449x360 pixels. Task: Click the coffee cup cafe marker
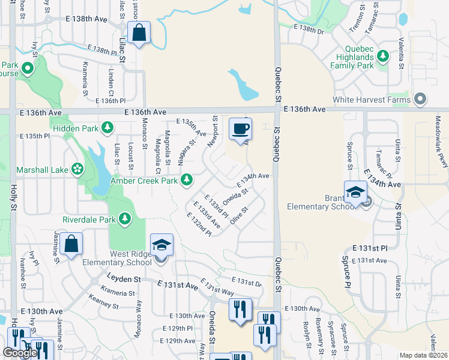[x=240, y=128]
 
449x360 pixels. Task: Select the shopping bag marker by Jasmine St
[x=71, y=244]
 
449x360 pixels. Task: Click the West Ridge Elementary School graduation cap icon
[x=161, y=244]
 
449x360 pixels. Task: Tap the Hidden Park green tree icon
[x=107, y=127]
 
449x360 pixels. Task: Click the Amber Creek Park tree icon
[x=187, y=179]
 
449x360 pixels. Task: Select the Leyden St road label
[x=124, y=279]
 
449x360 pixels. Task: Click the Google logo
[x=20, y=353]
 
